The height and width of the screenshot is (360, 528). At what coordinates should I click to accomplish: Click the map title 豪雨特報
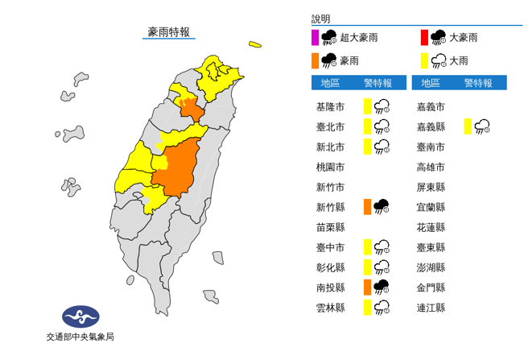click(168, 32)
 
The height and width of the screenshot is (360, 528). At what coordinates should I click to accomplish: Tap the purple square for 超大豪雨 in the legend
click(316, 36)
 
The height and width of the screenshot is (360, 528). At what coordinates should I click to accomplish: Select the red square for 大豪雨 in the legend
click(424, 36)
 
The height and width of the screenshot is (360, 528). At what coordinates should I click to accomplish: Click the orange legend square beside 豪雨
click(316, 60)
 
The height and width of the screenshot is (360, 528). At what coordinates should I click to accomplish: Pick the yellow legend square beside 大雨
click(424, 60)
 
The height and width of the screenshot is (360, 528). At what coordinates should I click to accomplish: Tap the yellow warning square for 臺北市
click(367, 126)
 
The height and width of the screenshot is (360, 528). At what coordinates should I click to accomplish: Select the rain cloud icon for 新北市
click(382, 147)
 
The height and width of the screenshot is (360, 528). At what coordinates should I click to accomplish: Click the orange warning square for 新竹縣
click(367, 207)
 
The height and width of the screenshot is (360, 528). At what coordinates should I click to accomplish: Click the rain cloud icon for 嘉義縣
click(483, 126)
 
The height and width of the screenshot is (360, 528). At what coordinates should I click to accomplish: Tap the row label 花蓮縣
click(431, 227)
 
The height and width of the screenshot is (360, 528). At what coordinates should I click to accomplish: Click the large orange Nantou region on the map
click(177, 169)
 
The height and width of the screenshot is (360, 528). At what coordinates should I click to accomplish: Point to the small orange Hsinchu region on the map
click(190, 108)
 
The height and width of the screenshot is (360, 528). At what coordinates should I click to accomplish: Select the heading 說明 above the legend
click(320, 19)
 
